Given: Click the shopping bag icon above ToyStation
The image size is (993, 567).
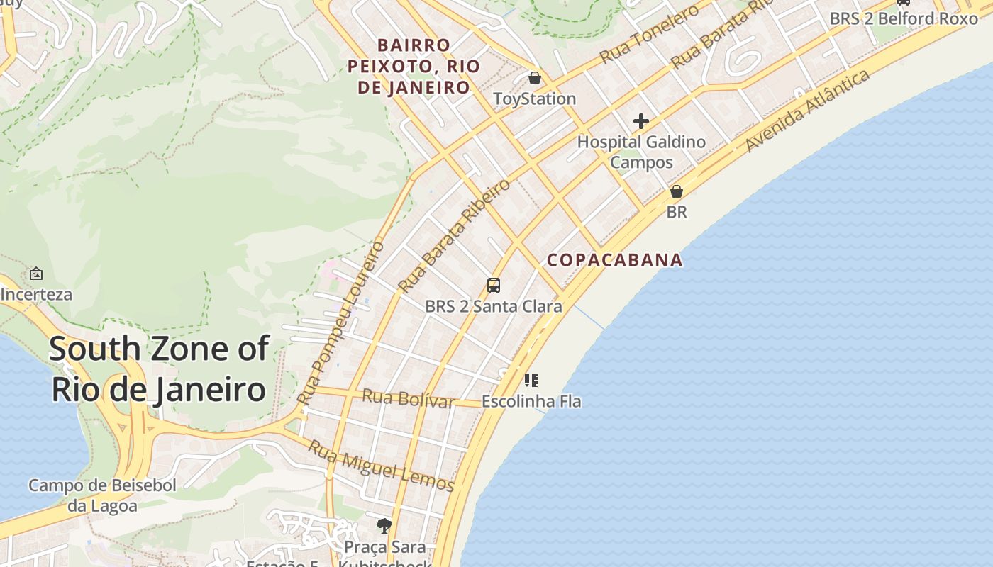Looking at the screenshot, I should click(x=535, y=77).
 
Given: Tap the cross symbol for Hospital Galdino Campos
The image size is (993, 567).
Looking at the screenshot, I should click(x=641, y=121).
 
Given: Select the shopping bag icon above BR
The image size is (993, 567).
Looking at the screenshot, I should click(x=677, y=191).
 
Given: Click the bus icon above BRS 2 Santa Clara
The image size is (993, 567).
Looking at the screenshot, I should click(x=494, y=286).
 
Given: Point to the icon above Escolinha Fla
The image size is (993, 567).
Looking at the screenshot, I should click(x=531, y=381).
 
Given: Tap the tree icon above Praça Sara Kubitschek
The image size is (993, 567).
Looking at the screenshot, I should click(x=384, y=525).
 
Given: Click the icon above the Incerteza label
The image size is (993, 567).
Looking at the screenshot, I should click(x=36, y=273).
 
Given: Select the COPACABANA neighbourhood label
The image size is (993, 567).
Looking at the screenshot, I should click(x=614, y=260).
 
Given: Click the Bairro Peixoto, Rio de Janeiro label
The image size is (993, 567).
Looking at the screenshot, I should click(x=414, y=66).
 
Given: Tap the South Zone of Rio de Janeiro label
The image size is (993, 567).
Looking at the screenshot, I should click(x=159, y=369).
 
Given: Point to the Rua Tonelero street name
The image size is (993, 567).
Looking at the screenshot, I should click(x=649, y=34).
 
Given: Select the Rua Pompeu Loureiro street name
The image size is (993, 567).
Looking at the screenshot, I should click(x=341, y=323).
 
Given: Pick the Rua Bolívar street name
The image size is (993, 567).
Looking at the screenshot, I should click(x=408, y=398).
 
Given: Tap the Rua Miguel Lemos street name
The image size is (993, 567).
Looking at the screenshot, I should click(x=381, y=466).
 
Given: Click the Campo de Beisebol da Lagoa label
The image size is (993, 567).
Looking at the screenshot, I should click(x=102, y=495).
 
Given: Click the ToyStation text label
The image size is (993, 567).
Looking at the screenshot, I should click(x=535, y=99).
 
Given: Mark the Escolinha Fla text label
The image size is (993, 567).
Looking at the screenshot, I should click(x=531, y=401).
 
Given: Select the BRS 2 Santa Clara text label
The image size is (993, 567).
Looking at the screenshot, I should click(x=494, y=306).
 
